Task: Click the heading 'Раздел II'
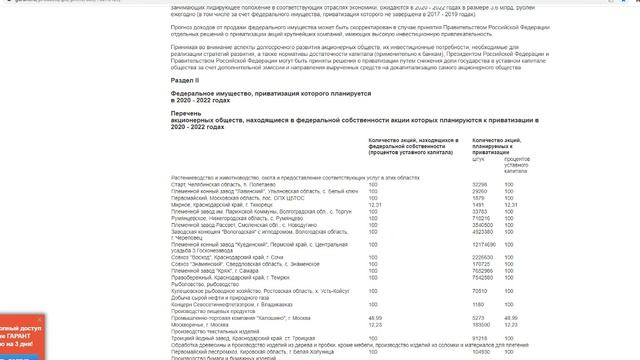point(186,78)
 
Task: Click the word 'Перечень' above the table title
point(189,114)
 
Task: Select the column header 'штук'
point(477,158)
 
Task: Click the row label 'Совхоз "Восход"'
point(229,257)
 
